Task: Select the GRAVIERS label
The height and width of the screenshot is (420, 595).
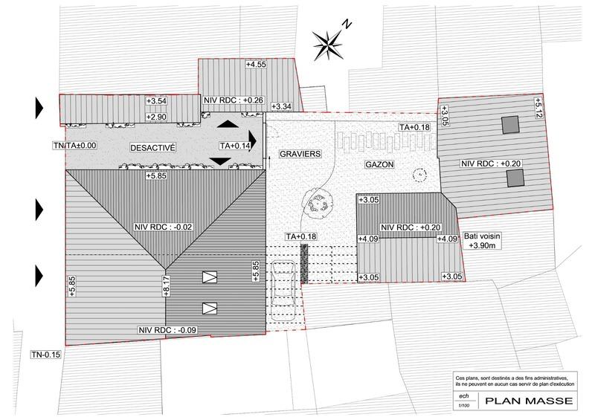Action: tap(300, 154)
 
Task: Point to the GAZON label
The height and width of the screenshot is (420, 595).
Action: tap(379, 164)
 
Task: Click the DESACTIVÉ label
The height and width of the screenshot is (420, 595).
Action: tap(152, 147)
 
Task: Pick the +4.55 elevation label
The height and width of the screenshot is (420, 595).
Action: tap(256, 65)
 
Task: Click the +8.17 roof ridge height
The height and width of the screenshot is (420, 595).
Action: tap(167, 286)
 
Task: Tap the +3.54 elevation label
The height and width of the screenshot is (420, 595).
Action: tap(156, 101)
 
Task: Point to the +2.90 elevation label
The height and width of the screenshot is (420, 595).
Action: tap(156, 117)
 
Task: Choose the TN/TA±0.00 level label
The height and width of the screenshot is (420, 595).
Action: tap(75, 146)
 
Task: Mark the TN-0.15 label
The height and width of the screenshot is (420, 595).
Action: tap(45, 355)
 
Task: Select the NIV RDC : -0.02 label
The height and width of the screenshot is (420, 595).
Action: tap(163, 227)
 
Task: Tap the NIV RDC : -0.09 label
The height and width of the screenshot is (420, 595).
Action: tap(166, 330)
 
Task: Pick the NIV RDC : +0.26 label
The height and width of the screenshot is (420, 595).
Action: tap(234, 99)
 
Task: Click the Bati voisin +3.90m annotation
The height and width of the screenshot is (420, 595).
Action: tap(483, 241)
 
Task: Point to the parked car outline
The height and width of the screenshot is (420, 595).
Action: tap(283, 288)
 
